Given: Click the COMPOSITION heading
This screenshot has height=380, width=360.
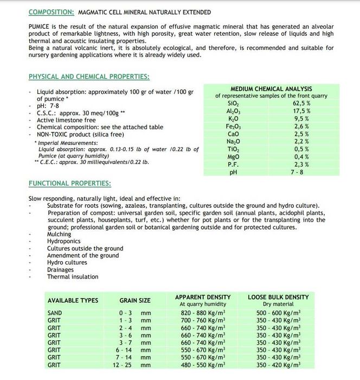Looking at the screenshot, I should point(51,12).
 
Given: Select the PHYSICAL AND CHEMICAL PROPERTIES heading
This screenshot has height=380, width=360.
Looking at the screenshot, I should point(89,77).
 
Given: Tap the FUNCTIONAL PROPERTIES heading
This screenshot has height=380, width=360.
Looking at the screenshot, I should point(69,183).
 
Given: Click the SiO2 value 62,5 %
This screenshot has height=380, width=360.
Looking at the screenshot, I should point(301,103).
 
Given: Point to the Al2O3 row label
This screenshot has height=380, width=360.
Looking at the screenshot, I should point(233,111).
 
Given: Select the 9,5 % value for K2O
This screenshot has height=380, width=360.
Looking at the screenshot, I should point(301,118).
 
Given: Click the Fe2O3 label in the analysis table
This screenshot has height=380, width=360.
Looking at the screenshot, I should point(233,126).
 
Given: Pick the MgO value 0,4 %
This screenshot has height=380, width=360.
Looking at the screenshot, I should point(301,156).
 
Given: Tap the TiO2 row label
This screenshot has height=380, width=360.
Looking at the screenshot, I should point(233,149).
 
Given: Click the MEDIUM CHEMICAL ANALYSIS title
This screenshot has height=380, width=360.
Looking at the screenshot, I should point(271,88).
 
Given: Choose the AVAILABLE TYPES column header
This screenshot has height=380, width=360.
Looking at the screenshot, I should point(73,301).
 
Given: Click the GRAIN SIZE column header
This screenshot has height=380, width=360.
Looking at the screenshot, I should point(135,301).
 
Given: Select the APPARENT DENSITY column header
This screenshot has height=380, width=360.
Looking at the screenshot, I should point(202,297).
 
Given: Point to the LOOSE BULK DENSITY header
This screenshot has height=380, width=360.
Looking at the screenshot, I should point(278,297).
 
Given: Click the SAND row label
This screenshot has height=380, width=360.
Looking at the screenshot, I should point(55,313).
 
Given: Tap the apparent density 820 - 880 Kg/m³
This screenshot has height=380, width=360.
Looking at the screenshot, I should point(202,313).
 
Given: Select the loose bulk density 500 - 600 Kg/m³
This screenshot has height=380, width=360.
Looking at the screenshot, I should point(278,313).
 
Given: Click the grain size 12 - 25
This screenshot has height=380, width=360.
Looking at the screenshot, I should point(124,365).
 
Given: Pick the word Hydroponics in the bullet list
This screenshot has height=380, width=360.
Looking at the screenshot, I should point(63,242).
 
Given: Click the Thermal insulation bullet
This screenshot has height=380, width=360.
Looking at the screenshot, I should point(73,277).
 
